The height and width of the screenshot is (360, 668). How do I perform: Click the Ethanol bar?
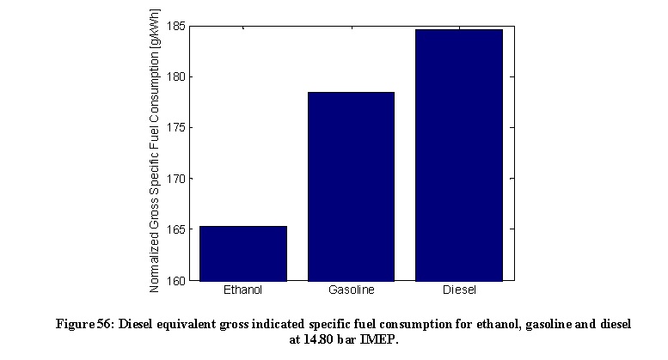coord(242,253)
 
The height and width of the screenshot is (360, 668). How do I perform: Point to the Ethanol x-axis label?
coord(242,290)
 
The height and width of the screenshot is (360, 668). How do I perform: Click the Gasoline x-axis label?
coord(351,290)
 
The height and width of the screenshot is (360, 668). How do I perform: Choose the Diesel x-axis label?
coord(459,290)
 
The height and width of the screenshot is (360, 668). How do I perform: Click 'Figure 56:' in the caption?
coord(84,325)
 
